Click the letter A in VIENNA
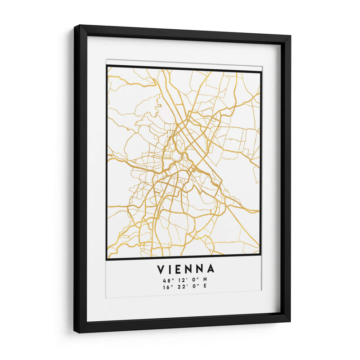coord(211,269)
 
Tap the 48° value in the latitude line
coord(167,280)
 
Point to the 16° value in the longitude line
coord(167,286)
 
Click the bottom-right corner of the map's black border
coord(261,259)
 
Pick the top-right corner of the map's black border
coord(261,71)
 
